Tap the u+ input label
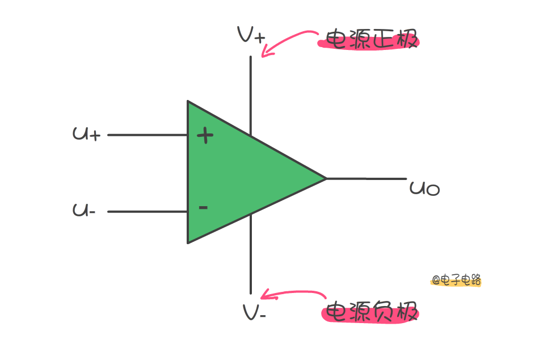87,134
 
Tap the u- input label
85,211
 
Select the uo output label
424,188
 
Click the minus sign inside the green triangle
203,208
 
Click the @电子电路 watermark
456,279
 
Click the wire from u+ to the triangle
148,135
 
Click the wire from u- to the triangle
148,212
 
